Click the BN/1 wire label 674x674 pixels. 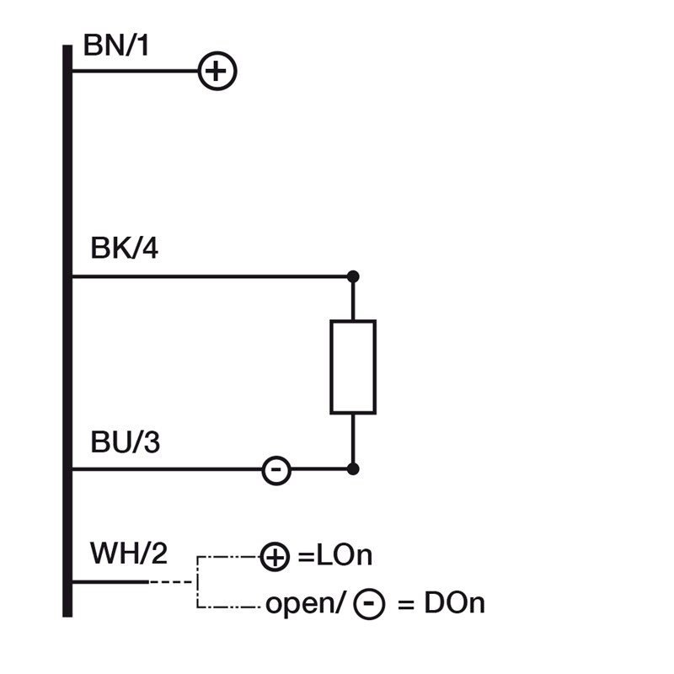pos(115,45)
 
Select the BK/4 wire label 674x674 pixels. pos(124,249)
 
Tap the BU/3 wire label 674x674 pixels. pos(125,442)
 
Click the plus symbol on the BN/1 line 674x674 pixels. pos(217,71)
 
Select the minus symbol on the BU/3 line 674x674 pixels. pos(276,469)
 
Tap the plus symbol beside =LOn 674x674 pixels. pos(274,556)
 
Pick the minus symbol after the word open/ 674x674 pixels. pos(369,603)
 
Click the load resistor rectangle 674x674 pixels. pos(353,366)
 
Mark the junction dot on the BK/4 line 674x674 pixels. pos(353,276)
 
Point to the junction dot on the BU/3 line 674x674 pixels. pos(353,469)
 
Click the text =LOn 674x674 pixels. pos(335,556)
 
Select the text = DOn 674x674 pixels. pos(441,603)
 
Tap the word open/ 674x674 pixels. pos(303,603)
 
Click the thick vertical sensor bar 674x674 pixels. pos(67,337)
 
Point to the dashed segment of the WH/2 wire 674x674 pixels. pos(173,581)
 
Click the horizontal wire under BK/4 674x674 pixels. pos(211,276)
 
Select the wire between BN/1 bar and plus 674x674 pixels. pos(135,71)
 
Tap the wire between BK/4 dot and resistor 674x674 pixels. pos(353,298)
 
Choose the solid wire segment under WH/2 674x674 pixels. pos(110,581)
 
